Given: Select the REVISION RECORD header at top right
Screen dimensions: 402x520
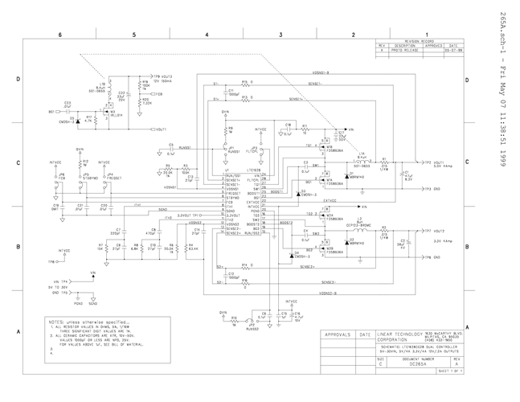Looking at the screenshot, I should pyautogui.click(x=419, y=40).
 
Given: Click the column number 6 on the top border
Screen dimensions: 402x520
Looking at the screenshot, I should pyautogui.click(x=60, y=36).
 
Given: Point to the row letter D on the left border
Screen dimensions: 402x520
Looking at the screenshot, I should pyautogui.click(x=18, y=80).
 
